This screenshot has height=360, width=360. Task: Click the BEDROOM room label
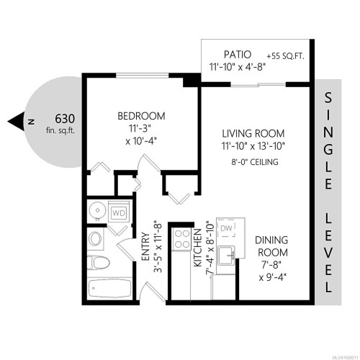141,116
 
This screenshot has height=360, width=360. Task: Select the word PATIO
233,54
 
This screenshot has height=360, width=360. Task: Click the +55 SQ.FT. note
286,55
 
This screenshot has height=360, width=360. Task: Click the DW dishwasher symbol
225,228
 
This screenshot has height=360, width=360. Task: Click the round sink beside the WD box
94,211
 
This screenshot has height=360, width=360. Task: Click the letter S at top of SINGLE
328,97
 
